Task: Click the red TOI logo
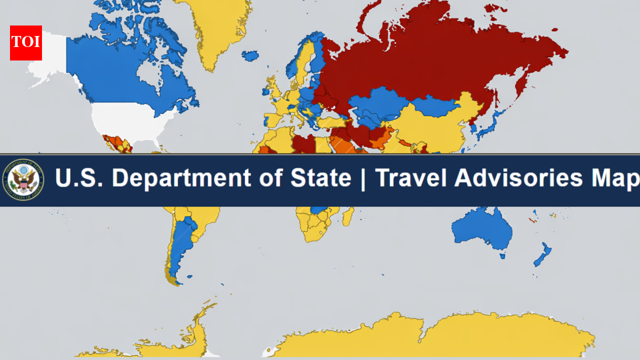[x=26, y=43]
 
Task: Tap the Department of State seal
[x=23, y=180]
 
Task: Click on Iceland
[x=250, y=55]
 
